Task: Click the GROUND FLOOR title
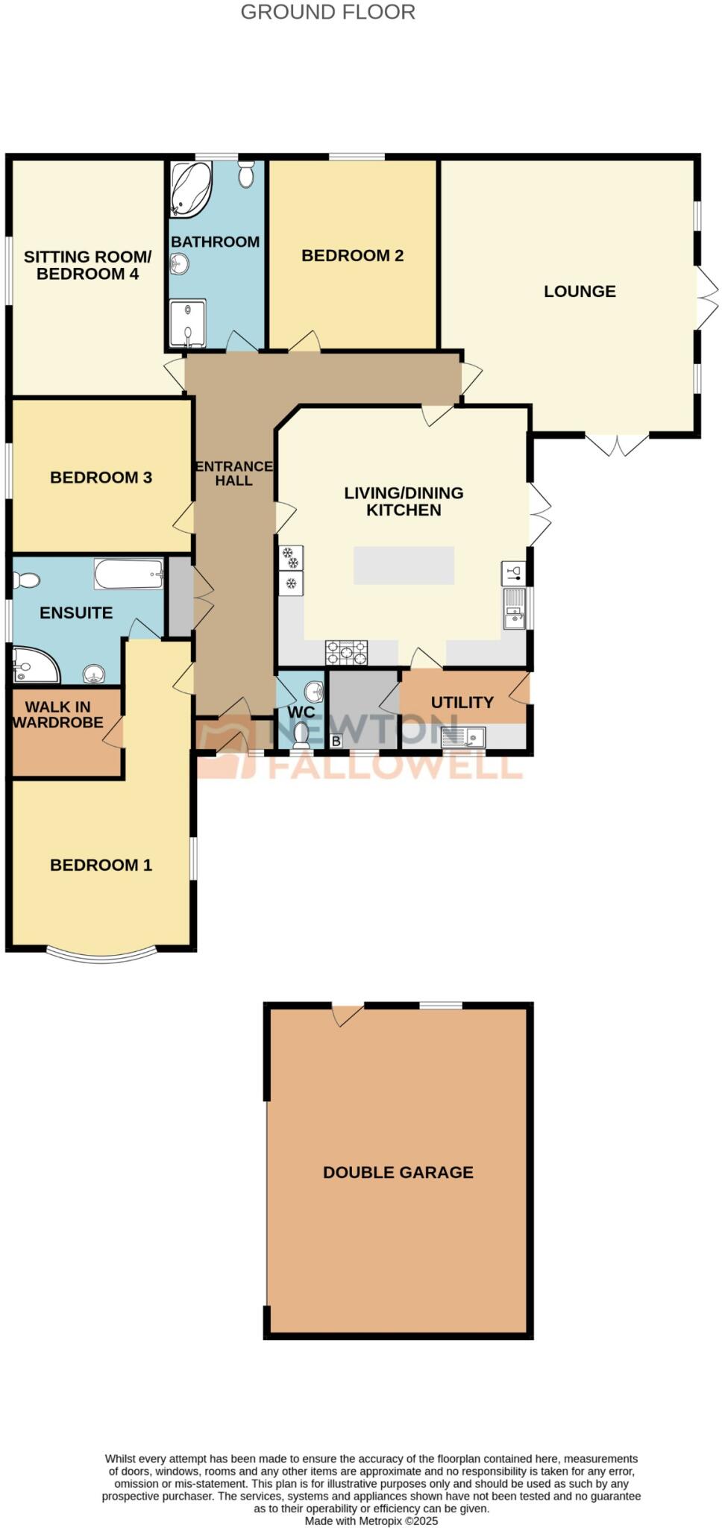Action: click(x=327, y=13)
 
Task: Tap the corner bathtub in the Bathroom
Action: click(x=189, y=188)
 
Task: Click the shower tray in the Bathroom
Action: click(x=187, y=324)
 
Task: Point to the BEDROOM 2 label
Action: click(x=352, y=256)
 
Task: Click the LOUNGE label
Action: click(x=580, y=292)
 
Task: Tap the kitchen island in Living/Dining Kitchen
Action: click(x=404, y=565)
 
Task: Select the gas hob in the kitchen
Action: click(x=346, y=652)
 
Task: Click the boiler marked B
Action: click(x=336, y=742)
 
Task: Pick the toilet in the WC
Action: click(x=301, y=735)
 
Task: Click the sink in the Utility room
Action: click(x=463, y=738)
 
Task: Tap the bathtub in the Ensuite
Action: click(x=128, y=574)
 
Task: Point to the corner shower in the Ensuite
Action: click(x=34, y=664)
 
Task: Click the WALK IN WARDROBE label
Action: click(x=57, y=715)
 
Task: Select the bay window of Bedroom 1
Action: click(x=101, y=954)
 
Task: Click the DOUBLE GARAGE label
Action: click(x=398, y=1173)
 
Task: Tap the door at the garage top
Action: click(x=347, y=1014)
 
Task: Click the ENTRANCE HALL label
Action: click(x=233, y=474)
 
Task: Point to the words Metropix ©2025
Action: click(x=398, y=1521)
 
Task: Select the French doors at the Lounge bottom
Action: click(x=617, y=444)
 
